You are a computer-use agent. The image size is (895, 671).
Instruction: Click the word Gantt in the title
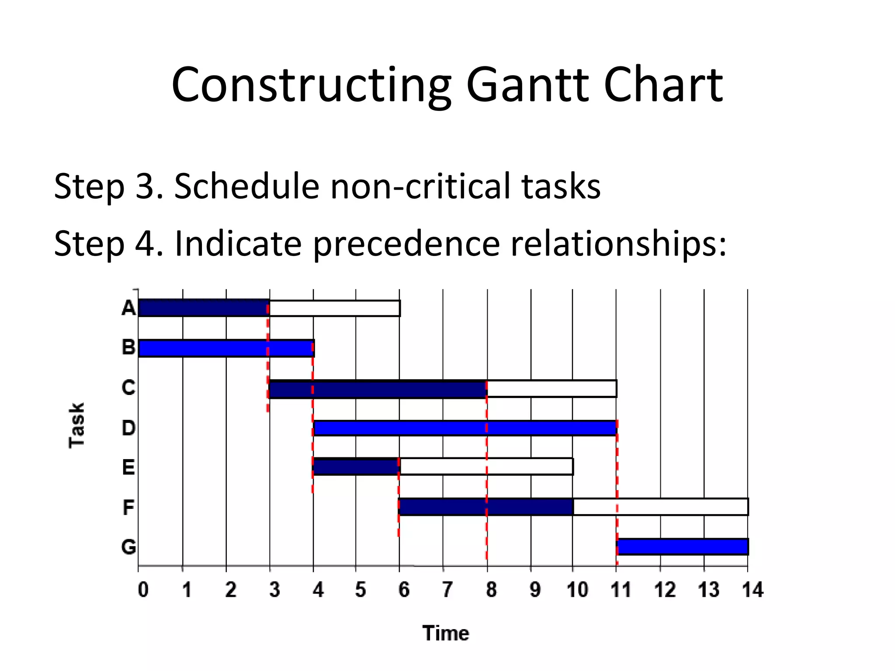pos(527,85)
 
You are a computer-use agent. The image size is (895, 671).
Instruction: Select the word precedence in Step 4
pos(406,243)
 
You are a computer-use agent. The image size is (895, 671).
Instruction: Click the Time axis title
pos(445,633)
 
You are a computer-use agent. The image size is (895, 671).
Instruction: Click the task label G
pos(128,547)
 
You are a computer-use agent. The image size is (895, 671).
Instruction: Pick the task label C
pos(128,387)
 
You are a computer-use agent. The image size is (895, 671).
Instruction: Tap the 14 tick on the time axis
pos(752,590)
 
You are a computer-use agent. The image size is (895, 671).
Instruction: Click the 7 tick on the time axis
pos(447,590)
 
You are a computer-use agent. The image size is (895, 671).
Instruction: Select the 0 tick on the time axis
pos(143,590)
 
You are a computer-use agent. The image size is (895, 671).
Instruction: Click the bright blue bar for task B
pos(225,348)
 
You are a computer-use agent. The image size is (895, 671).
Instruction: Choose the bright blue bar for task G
pos(683,547)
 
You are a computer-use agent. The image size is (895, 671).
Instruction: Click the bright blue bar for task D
pos(465,428)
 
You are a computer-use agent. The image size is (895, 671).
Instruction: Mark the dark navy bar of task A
pos(203,308)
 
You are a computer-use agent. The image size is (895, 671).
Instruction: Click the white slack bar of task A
pos(334,308)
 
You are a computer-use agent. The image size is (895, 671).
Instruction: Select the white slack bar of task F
pos(660,507)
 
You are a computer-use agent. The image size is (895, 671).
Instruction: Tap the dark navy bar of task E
pos(355,467)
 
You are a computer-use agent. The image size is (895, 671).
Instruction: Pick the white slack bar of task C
pos(552,388)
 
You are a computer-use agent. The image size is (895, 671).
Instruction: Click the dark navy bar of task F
pos(485,507)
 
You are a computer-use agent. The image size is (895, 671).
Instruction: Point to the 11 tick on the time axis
pos(620,590)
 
